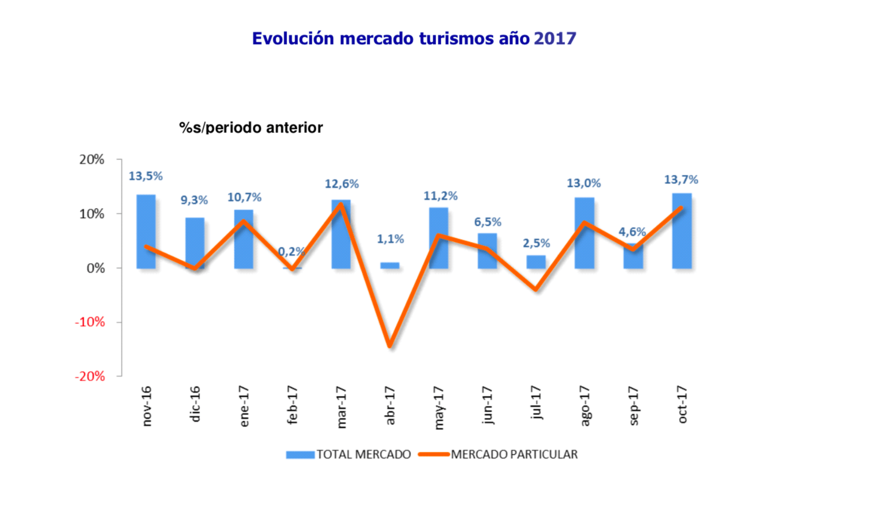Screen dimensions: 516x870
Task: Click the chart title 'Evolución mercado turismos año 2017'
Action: (x=414, y=38)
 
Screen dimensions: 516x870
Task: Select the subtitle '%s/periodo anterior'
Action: (x=251, y=127)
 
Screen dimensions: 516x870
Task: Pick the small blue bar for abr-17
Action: (x=390, y=265)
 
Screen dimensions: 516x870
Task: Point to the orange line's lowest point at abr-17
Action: (x=390, y=346)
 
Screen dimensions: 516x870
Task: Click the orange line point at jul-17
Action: (x=536, y=289)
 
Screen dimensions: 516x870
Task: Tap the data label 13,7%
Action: (x=681, y=180)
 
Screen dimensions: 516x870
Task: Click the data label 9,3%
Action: (x=194, y=200)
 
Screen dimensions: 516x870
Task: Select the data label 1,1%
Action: (x=390, y=239)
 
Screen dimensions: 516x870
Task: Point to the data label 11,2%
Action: (x=440, y=196)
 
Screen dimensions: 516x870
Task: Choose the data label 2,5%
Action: (x=536, y=243)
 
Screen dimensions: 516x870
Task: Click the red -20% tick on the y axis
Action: (x=90, y=376)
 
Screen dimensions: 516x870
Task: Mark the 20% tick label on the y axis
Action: (x=92, y=159)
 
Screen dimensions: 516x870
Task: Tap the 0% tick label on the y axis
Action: (x=95, y=268)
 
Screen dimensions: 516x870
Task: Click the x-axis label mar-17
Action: (x=342, y=406)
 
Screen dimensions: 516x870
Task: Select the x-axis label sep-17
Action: (x=633, y=406)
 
